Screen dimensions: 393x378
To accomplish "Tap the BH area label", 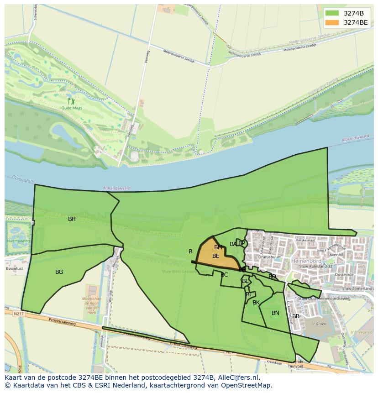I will (72, 219).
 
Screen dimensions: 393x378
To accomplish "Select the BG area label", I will (59, 272).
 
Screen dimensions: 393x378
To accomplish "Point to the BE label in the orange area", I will (215, 256).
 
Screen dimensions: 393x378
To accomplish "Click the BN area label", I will (275, 313).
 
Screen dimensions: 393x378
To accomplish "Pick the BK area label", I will (256, 303).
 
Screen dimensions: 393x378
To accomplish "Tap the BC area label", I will (224, 275).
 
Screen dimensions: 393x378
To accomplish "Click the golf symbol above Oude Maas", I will (71, 101).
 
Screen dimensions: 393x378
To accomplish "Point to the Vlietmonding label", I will (18, 241).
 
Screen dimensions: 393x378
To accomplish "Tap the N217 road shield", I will (18, 314).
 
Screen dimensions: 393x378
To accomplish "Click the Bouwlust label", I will (14, 269).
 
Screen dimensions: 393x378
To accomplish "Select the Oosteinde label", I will (344, 275).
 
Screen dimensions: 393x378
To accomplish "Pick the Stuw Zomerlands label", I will (358, 288).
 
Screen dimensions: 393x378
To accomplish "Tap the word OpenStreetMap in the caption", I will (247, 385).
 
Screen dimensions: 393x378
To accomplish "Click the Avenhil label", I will (336, 255).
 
